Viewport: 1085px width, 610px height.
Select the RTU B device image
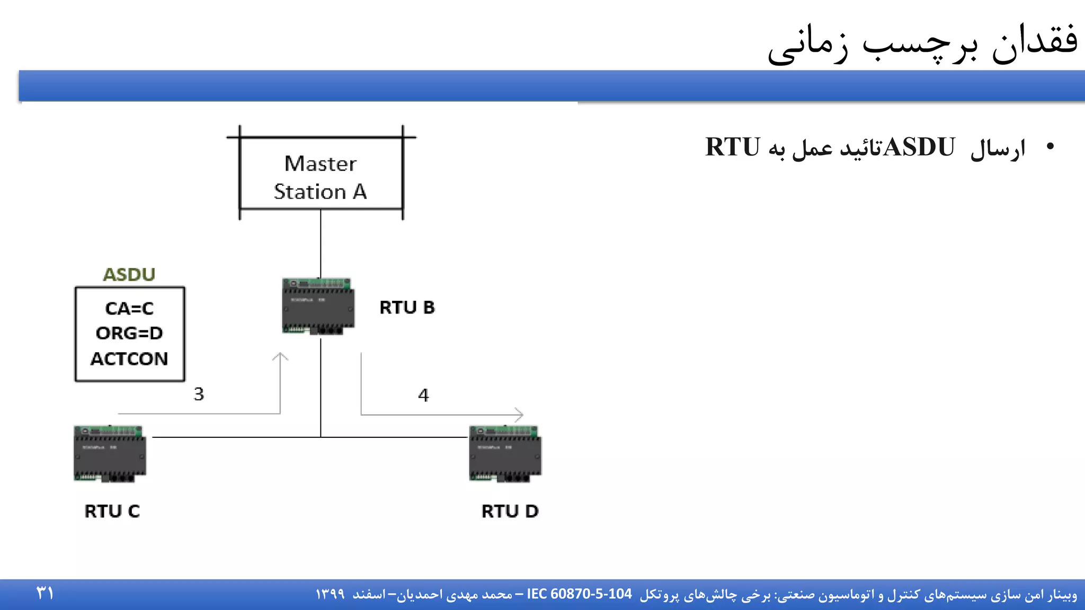pos(318,306)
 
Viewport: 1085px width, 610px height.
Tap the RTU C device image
pos(110,453)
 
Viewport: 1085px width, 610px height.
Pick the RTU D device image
pos(505,453)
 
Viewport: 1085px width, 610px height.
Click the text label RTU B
pos(407,308)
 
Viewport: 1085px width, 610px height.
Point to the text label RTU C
pos(112,511)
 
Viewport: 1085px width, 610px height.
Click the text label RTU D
pos(510,511)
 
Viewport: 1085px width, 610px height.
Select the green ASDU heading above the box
pos(129,274)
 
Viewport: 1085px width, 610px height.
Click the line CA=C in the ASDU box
pos(129,308)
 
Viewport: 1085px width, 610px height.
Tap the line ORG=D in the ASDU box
pos(129,333)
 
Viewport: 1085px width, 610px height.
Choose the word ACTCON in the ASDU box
pos(129,359)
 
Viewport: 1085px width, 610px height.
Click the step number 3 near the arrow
pos(199,394)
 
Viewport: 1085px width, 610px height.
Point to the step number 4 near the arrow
pos(423,395)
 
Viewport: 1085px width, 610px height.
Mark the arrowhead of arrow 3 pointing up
pos(280,356)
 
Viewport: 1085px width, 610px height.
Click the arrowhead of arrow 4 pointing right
pos(520,415)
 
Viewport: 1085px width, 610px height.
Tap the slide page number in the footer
pos(45,593)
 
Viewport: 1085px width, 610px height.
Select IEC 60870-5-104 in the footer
pos(579,594)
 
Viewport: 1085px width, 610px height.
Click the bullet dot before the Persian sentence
pos(1050,147)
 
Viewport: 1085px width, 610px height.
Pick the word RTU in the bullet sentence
pos(732,147)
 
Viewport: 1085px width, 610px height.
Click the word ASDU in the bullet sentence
pos(919,147)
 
